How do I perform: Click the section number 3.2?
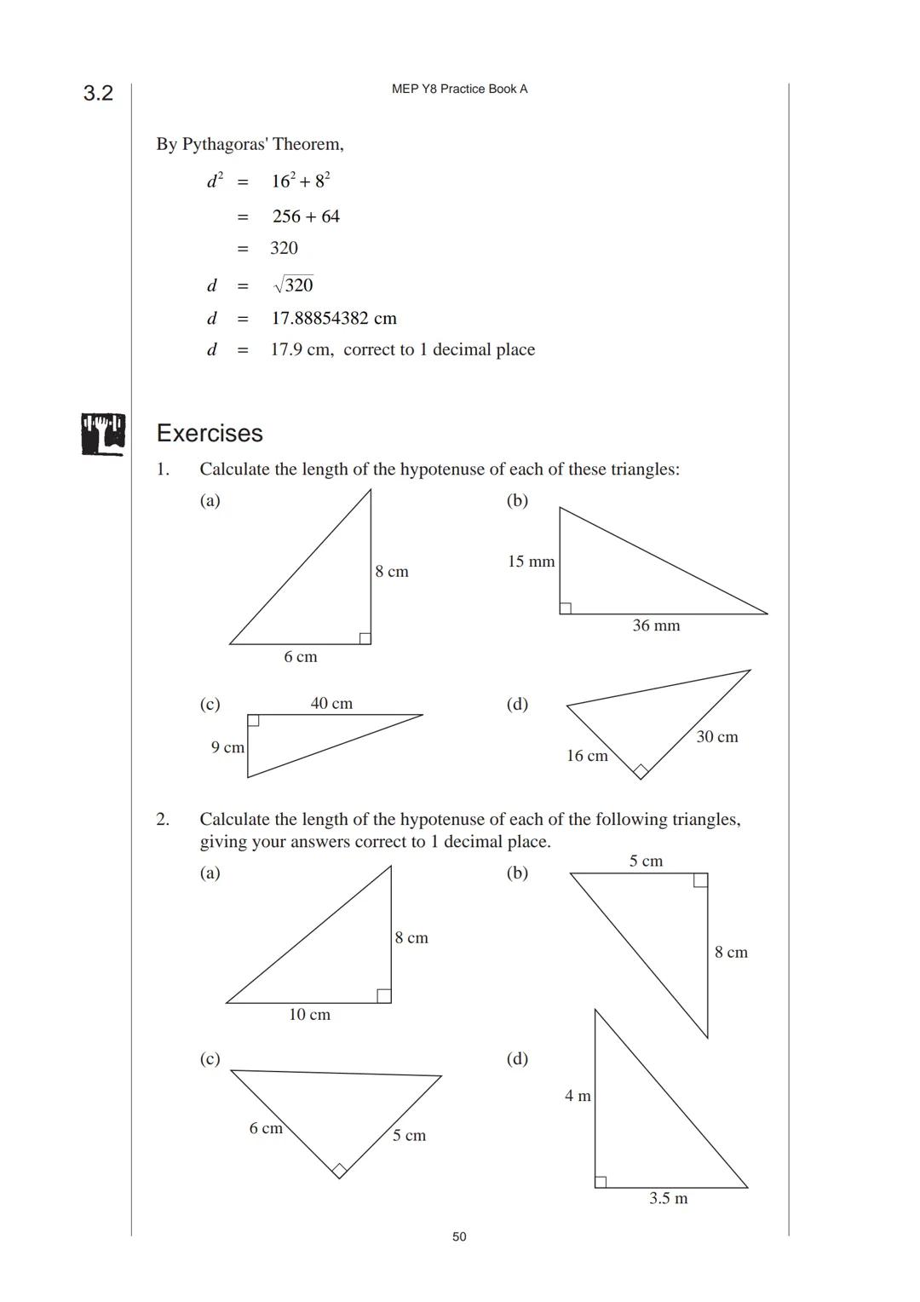click(98, 93)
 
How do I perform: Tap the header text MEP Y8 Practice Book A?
click(459, 89)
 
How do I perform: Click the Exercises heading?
click(210, 433)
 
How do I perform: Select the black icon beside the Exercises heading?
click(103, 434)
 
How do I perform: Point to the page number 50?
click(459, 1236)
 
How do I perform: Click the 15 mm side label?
click(531, 562)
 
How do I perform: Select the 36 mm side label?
click(656, 625)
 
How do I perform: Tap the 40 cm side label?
click(331, 703)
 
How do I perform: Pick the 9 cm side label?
click(227, 747)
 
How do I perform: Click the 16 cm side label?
click(587, 756)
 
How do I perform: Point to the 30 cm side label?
click(716, 737)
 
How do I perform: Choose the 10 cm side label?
click(309, 1015)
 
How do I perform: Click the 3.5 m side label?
click(668, 1199)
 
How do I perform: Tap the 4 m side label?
click(578, 1096)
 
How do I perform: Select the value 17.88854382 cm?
click(334, 319)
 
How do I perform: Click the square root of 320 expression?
click(293, 285)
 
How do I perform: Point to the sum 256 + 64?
click(306, 216)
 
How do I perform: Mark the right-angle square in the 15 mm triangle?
click(566, 608)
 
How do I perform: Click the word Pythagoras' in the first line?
click(224, 144)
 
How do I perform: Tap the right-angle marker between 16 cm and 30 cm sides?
click(641, 771)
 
